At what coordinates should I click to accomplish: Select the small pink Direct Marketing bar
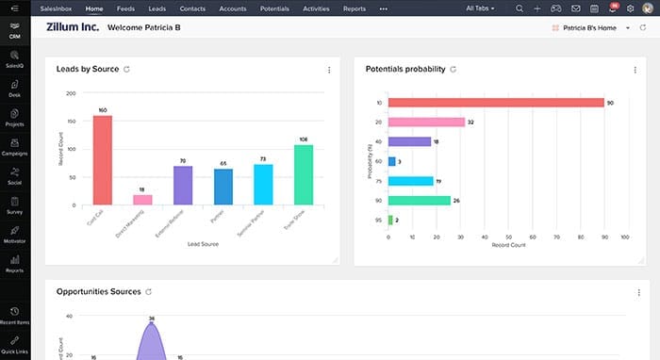click(142, 200)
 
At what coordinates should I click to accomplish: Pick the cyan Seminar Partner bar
click(263, 185)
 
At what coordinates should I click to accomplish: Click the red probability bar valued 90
click(496, 102)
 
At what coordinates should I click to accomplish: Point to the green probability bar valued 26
click(420, 200)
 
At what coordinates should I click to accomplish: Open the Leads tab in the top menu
click(157, 8)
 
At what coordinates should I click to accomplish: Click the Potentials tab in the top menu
click(275, 8)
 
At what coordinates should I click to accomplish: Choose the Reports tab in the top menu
click(355, 8)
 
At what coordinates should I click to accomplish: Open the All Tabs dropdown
click(481, 8)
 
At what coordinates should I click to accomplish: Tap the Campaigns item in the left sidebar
click(14, 146)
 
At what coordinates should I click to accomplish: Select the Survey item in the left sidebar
click(14, 205)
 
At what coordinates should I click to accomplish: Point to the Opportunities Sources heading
click(98, 292)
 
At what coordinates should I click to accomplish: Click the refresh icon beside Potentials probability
click(454, 69)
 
